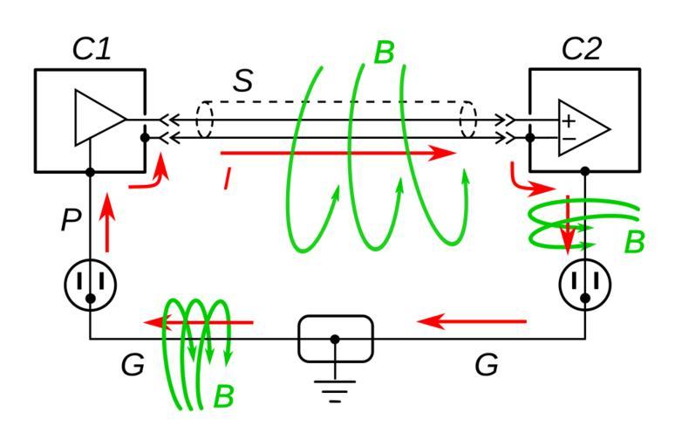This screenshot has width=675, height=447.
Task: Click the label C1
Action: (x=92, y=49)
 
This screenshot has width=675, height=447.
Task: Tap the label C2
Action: (x=581, y=49)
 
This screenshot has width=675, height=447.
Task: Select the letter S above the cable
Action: (x=242, y=81)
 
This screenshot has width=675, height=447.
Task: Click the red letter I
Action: (x=228, y=179)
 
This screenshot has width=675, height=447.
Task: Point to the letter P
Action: (x=72, y=221)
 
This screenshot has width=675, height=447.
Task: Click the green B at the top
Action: (x=384, y=53)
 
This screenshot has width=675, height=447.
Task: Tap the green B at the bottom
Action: (x=224, y=397)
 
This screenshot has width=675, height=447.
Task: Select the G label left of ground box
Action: (x=133, y=365)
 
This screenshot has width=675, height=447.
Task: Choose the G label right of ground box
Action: (x=487, y=365)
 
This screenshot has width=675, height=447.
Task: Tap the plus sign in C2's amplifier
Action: (x=569, y=120)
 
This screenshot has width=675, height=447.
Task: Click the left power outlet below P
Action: (x=91, y=284)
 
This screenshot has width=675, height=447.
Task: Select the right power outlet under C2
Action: (x=585, y=284)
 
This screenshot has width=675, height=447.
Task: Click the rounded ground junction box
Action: (x=336, y=339)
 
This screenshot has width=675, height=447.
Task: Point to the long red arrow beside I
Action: (x=340, y=153)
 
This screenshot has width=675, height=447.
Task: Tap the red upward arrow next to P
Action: (x=107, y=223)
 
